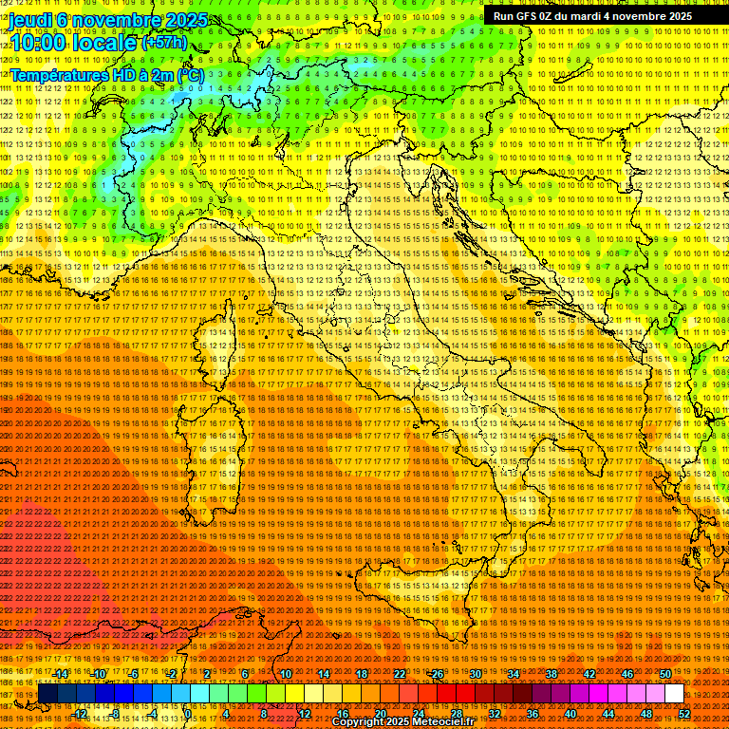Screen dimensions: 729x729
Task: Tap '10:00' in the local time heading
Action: [x=36, y=43]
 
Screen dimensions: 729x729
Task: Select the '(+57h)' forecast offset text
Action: [x=165, y=43]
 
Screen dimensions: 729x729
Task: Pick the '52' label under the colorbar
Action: [x=684, y=714]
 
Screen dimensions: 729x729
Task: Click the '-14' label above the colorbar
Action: [x=62, y=673]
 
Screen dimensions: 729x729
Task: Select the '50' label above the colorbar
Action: [x=664, y=673]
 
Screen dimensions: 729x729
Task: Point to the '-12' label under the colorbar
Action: [x=80, y=714]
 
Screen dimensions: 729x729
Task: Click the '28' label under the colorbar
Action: [x=456, y=714]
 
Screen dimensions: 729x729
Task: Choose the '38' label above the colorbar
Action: [x=551, y=673]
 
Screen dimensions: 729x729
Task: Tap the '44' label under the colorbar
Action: [x=608, y=714]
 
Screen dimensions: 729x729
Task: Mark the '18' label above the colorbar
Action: [x=361, y=673]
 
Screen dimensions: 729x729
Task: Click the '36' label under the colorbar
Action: [x=532, y=714]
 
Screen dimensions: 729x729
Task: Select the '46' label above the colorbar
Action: [x=626, y=673]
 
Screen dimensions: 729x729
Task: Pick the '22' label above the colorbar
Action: [x=399, y=673]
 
